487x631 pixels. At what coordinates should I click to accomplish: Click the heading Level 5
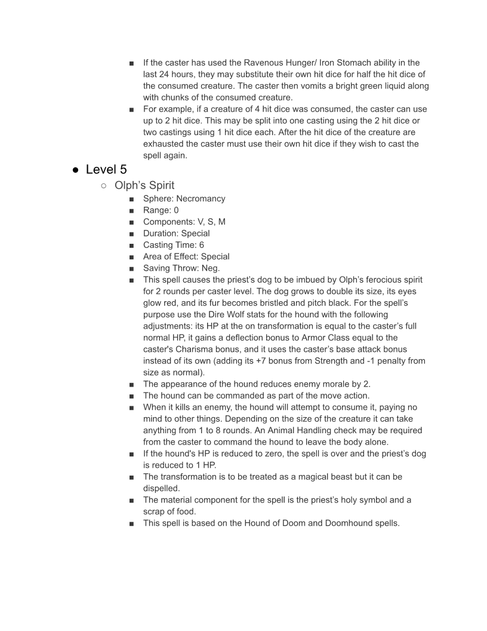coord(106,169)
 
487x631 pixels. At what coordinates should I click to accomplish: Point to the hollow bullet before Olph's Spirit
coord(104,186)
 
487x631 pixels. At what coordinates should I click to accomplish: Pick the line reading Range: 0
coord(161,210)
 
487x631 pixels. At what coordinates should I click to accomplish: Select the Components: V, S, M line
coord(184,222)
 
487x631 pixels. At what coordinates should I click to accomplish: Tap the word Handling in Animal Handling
coord(347,430)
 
